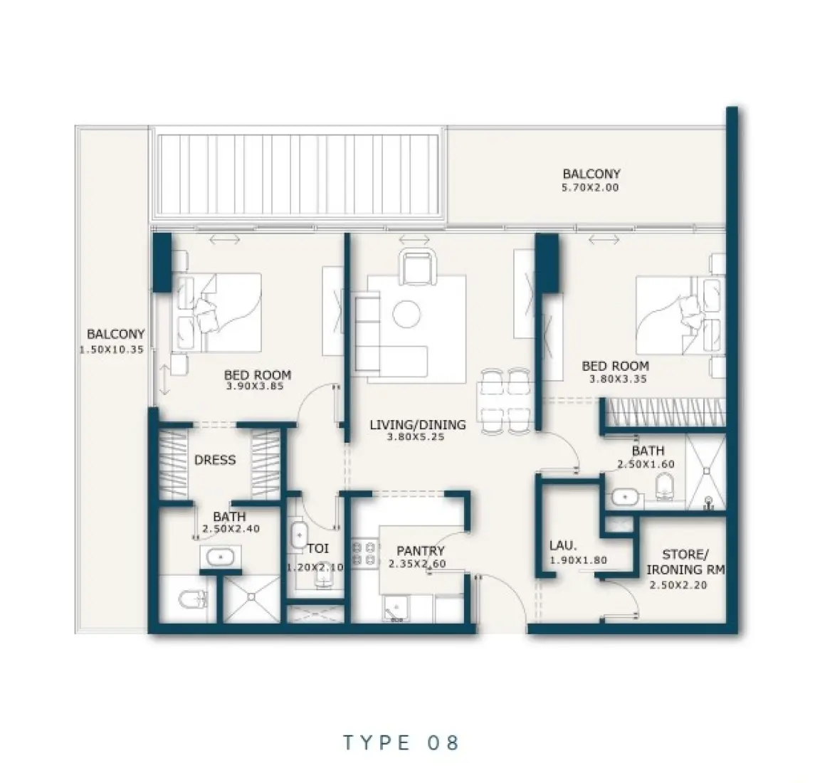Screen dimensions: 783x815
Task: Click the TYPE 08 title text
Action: [401, 742]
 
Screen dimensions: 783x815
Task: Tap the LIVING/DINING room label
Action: [417, 425]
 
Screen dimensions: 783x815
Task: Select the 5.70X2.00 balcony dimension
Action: [591, 187]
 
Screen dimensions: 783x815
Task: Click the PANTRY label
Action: [420, 550]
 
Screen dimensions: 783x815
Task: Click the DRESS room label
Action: [214, 460]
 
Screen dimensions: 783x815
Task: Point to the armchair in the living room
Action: [416, 268]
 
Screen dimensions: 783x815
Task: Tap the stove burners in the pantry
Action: [364, 555]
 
